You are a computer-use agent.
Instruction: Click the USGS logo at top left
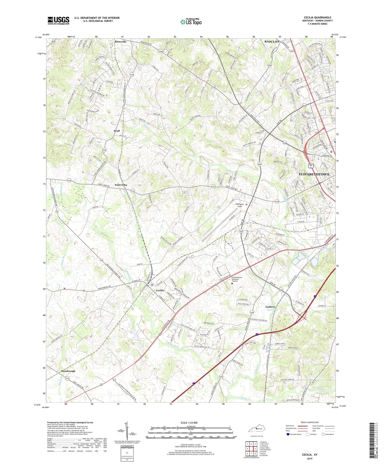point(58,20)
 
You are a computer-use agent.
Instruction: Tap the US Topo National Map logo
point(191,22)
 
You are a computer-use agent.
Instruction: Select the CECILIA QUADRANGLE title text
point(317,18)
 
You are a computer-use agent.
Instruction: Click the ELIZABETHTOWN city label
point(314,174)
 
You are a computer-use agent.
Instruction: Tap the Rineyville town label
point(121,42)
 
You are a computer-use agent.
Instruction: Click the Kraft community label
point(117,131)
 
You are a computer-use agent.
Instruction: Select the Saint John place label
point(121,185)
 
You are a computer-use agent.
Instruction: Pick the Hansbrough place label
point(68,371)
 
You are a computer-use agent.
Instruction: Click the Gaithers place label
point(271,307)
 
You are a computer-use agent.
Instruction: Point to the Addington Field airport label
point(240,205)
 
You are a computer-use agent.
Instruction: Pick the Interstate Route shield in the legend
point(288,434)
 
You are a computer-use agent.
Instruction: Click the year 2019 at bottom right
point(310,459)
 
